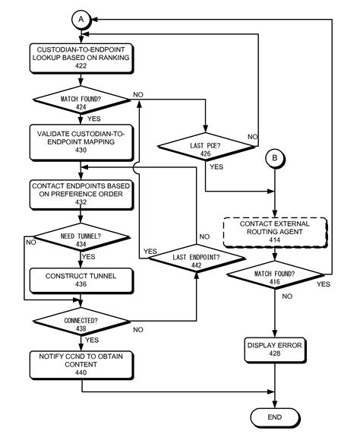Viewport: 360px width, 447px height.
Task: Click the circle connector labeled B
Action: click(x=273, y=160)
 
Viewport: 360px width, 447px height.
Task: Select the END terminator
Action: click(x=274, y=417)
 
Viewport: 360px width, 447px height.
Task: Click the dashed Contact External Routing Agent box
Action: click(x=273, y=230)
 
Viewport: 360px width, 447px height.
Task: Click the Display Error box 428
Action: click(x=274, y=348)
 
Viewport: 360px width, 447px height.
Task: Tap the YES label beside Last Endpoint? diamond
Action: click(x=150, y=252)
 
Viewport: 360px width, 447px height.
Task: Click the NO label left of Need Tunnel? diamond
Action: click(x=30, y=243)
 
